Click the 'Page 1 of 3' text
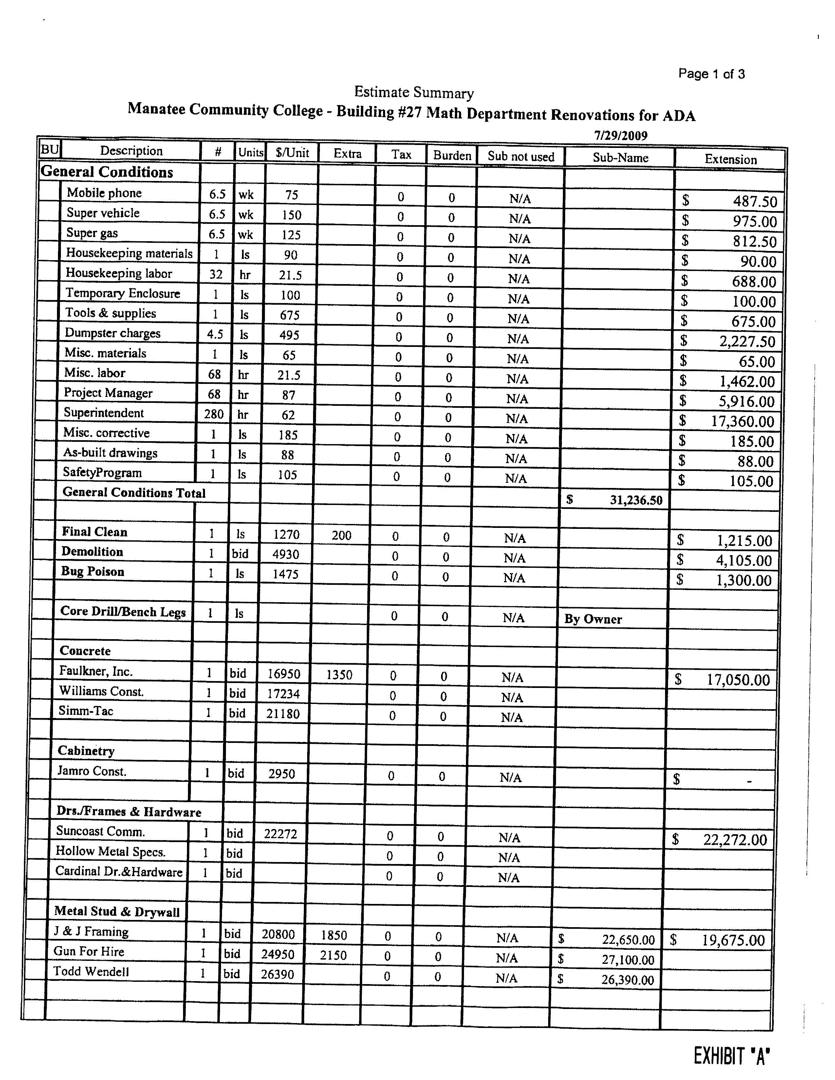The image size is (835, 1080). (x=711, y=74)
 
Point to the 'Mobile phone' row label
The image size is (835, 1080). (x=104, y=193)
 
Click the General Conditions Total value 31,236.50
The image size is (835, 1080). (x=635, y=500)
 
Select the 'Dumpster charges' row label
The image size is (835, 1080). (x=112, y=333)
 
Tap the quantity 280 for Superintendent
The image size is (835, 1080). (x=214, y=414)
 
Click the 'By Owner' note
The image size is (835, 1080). (x=593, y=619)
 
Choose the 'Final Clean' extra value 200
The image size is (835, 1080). (x=341, y=535)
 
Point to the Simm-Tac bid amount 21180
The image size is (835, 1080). (x=283, y=713)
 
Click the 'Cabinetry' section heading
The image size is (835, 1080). (x=86, y=751)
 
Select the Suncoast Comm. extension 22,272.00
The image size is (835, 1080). (x=734, y=840)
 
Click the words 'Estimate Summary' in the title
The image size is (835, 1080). (x=414, y=93)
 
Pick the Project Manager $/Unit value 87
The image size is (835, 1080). (x=288, y=395)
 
